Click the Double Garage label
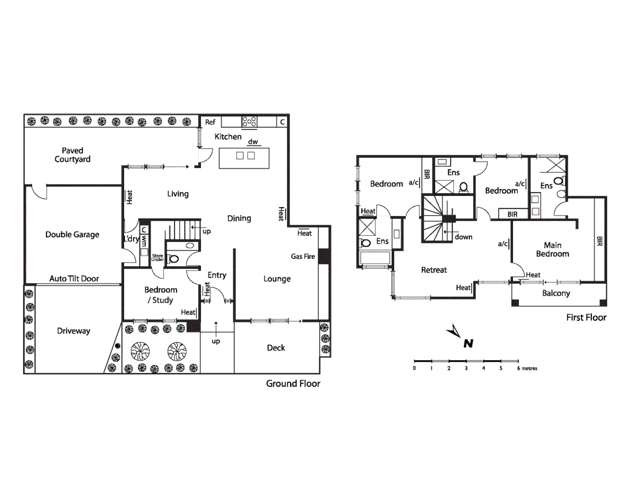72,234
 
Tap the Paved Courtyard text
72,155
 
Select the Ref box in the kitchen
210,122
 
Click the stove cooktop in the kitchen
249,121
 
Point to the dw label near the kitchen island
253,142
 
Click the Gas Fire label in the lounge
303,256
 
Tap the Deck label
276,348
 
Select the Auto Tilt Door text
74,278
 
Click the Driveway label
74,331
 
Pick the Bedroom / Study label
160,295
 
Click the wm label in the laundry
144,241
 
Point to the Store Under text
157,258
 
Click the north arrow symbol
455,332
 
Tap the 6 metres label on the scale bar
527,368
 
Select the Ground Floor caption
293,383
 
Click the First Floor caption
586,317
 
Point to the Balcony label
556,293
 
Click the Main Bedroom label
552,249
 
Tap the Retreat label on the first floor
434,270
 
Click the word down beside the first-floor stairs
463,237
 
